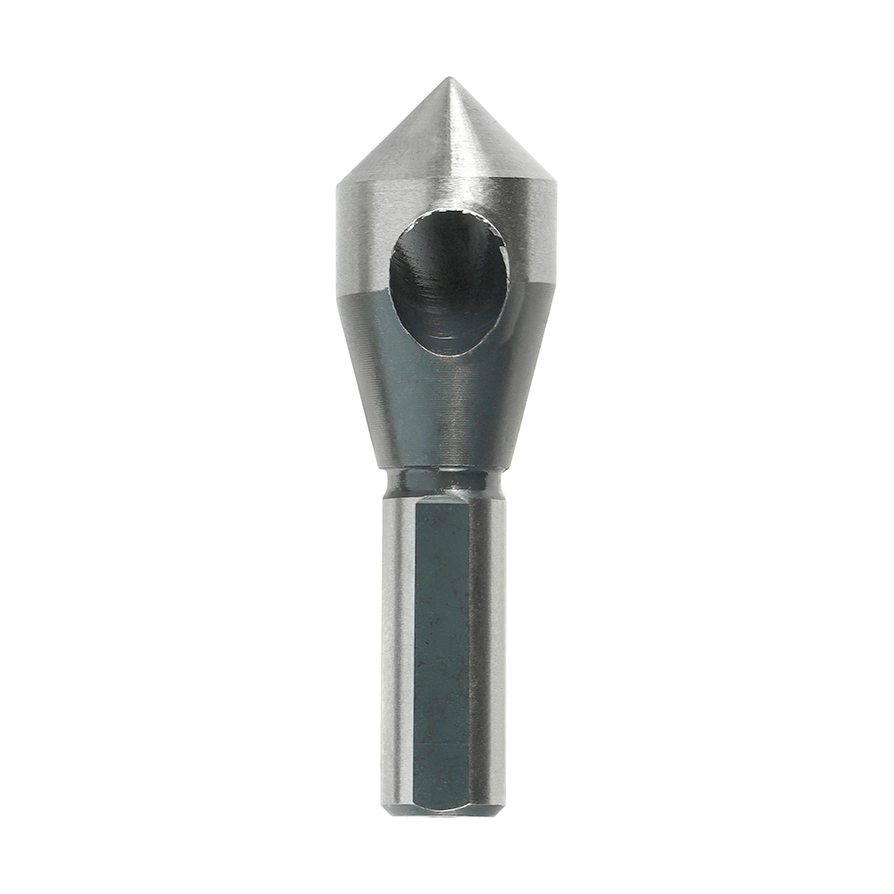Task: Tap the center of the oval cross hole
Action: coord(449,282)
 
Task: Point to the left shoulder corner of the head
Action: coord(338,185)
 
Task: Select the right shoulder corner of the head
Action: coord(556,183)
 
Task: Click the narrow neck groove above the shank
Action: coord(443,483)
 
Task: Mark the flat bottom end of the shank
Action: coord(443,812)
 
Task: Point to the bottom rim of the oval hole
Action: coord(447,354)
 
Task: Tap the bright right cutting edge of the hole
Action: coord(506,268)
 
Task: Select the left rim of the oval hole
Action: coord(391,282)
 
